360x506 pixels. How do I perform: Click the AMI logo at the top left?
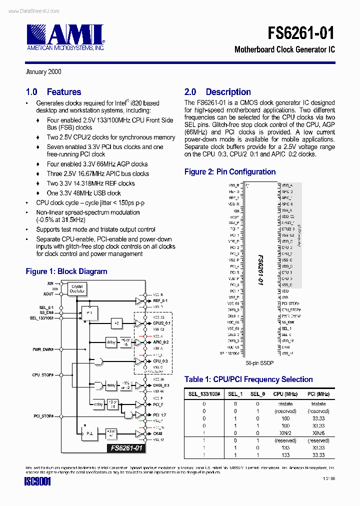click(x=65, y=36)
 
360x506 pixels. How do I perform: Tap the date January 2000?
click(x=43, y=71)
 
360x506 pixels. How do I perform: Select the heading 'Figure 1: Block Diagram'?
click(x=66, y=271)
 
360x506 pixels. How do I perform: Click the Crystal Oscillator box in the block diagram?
click(x=77, y=289)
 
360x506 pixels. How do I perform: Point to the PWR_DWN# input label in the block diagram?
click(x=43, y=350)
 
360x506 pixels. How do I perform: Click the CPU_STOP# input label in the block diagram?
click(x=43, y=374)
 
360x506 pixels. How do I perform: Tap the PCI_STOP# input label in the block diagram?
click(x=43, y=416)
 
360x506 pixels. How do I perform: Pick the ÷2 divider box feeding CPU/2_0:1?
click(x=116, y=323)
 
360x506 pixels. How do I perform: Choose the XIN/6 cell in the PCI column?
click(x=318, y=433)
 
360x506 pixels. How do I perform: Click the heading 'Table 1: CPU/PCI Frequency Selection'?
click(x=248, y=379)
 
